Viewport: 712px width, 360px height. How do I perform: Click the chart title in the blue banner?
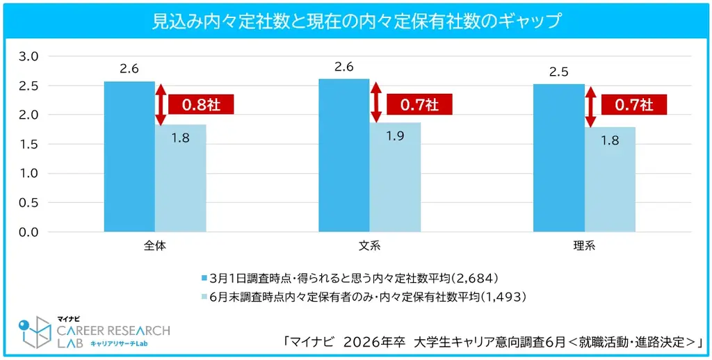pos(356,21)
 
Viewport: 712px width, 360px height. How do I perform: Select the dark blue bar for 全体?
pos(129,156)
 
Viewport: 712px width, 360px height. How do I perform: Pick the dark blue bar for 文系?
pos(343,155)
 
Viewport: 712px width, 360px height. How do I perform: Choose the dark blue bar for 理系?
pos(558,158)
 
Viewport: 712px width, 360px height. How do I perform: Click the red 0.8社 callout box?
pos(201,105)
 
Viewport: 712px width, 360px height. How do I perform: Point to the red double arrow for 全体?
pos(161,105)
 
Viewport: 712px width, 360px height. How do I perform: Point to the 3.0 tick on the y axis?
pos(29,56)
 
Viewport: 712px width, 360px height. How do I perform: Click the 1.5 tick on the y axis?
pos(29,144)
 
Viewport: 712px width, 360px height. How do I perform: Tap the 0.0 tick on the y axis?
pos(29,232)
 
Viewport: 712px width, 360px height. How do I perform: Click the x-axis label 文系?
pos(369,246)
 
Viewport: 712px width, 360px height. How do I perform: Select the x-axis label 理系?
pos(584,246)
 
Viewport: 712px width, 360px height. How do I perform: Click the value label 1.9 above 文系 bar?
pos(395,136)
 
